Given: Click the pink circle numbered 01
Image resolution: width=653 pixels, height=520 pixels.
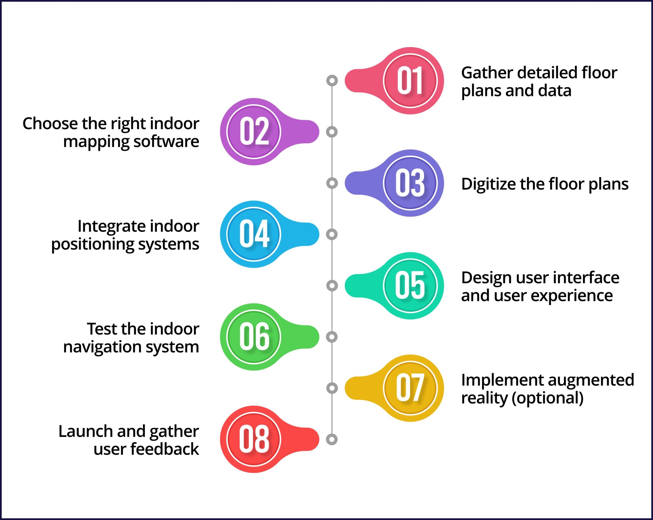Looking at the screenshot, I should pos(410,81).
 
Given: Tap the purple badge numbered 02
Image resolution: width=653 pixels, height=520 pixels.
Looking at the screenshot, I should pos(254,132).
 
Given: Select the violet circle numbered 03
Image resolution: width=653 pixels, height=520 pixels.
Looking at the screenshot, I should pos(410,183).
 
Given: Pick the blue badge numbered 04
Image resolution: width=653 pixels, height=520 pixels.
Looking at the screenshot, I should pos(254,234).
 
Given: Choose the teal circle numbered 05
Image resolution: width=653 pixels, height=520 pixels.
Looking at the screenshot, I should pos(410,285).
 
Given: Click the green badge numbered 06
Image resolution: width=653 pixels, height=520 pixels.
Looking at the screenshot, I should pos(254,337).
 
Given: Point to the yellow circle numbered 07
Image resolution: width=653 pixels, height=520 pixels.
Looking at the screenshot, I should pos(410,388).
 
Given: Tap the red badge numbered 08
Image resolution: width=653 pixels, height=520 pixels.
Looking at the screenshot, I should pos(254,439).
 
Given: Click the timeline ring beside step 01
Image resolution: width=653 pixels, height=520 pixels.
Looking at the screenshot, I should pos(332,81).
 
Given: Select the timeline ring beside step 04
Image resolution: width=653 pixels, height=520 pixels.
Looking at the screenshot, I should pos(332,234).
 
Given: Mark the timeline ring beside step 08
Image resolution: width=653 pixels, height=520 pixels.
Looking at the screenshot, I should pos(332,439).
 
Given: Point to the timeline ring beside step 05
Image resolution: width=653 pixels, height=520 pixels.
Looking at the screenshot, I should pos(332,285).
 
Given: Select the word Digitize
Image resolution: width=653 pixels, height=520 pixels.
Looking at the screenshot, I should pos(489,184).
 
